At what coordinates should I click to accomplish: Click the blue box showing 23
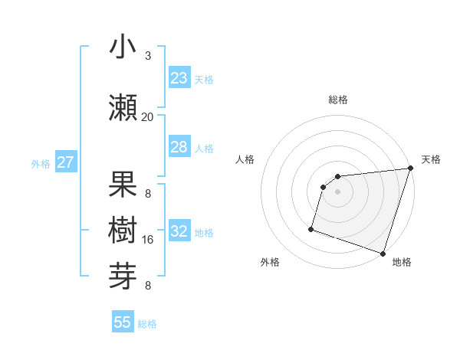tap(179, 78)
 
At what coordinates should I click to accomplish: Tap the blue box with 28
tap(179, 147)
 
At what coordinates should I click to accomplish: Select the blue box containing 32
tap(179, 231)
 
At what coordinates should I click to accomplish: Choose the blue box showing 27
tap(65, 162)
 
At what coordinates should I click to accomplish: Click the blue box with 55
tap(123, 322)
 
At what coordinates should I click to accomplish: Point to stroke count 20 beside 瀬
tap(147, 116)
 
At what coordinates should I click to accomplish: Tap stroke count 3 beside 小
tap(148, 56)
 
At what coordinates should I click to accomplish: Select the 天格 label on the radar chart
tap(431, 159)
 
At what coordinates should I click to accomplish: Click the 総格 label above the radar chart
tap(338, 100)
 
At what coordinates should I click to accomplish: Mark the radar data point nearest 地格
tap(383, 253)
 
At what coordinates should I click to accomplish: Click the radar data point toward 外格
tap(311, 228)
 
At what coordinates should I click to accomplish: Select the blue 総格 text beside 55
tap(147, 324)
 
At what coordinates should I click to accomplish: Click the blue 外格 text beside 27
tap(41, 163)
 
